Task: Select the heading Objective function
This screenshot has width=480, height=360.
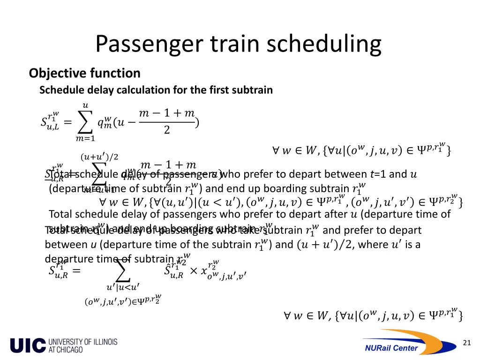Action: pyautogui.click(x=84, y=73)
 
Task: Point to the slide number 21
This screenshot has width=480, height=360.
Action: pyautogui.click(x=466, y=343)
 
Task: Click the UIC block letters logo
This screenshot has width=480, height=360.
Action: pyautogui.click(x=28, y=346)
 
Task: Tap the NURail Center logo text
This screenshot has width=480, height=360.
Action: pyautogui.click(x=391, y=347)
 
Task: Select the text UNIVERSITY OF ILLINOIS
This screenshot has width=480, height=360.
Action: pyautogui.click(x=83, y=342)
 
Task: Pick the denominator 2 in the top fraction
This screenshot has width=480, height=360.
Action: pyautogui.click(x=167, y=131)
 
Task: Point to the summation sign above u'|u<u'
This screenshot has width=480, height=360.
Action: pyautogui.click(x=122, y=271)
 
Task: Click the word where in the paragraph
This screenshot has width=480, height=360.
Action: pyautogui.click(x=371, y=245)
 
